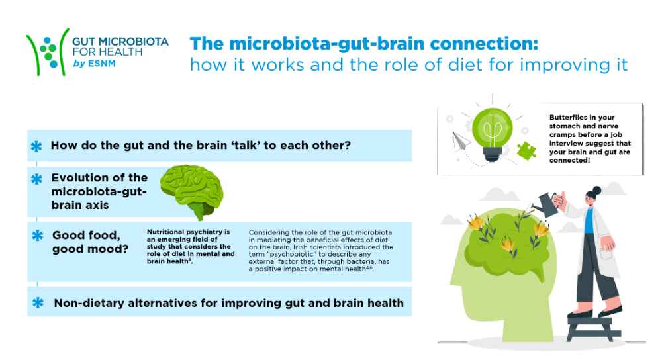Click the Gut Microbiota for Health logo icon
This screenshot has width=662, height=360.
tap(48, 52)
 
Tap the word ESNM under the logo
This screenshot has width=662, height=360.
tap(102, 64)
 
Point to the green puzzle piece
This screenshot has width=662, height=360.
tap(526, 151)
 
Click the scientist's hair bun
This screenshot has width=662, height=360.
tap(596, 190)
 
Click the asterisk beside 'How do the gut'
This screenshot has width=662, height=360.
tap(36, 146)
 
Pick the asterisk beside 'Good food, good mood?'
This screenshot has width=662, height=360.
tap(38, 236)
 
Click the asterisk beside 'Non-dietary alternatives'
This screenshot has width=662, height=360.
tap(38, 302)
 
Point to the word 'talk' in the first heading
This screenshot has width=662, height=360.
tap(246, 145)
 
